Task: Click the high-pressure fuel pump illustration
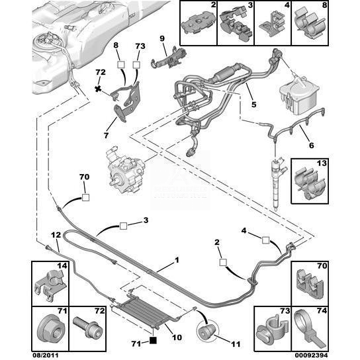(x=125, y=169)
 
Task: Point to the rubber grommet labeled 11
(x=206, y=331)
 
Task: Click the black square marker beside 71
(x=153, y=340)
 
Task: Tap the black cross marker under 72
(x=98, y=89)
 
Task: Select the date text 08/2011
(x=45, y=355)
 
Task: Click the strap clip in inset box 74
(x=310, y=330)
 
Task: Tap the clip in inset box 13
(x=310, y=184)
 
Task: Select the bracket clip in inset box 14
(x=50, y=285)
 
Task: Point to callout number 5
(x=253, y=105)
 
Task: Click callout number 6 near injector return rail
(x=312, y=146)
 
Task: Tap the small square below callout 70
(x=85, y=198)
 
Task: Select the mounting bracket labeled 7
(x=128, y=102)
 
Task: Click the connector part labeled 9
(x=170, y=58)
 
